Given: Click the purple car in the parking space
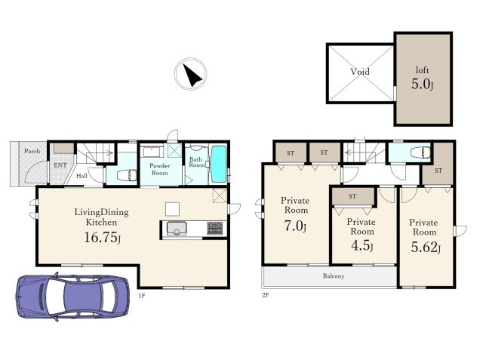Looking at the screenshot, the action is (72, 297).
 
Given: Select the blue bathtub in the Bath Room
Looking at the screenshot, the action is (219, 164).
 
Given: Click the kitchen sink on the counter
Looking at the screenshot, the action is (177, 229).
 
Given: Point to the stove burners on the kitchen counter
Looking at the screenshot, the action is (214, 228).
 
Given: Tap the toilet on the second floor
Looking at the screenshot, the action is (421, 152).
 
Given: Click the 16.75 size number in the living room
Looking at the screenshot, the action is (103, 238).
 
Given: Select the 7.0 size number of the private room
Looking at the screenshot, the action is (295, 226).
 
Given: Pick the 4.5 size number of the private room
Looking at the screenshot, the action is (362, 246).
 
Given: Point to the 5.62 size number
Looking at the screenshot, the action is (426, 247).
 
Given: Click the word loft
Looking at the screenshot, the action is (422, 70).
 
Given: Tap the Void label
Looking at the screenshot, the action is (360, 72).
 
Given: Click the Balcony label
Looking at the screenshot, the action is (334, 276).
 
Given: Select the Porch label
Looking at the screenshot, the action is (32, 151).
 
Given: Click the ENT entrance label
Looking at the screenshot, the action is (60, 165).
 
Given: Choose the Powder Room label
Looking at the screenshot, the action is (159, 169).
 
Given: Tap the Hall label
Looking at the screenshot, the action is (82, 176).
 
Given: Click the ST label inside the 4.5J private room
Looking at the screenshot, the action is (352, 196).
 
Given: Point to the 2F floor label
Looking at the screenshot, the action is (265, 295).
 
